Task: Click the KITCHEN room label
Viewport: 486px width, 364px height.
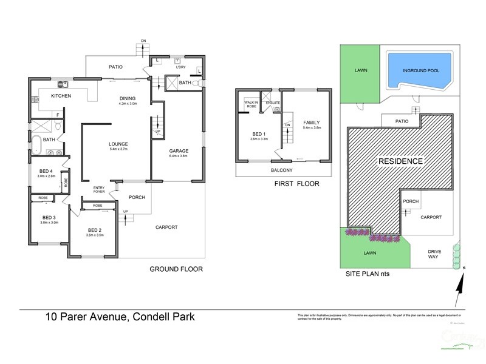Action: pos(61,96)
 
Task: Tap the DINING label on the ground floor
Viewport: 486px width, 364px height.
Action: pos(128,98)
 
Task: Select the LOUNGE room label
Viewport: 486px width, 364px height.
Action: pos(119,143)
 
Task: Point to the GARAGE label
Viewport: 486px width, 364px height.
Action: pos(178,150)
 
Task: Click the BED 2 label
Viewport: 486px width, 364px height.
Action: pos(94,230)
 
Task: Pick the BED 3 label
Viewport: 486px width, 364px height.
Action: pos(49,217)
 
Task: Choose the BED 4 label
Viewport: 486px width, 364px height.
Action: pos(45,172)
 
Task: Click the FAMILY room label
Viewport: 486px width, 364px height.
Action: pos(312,123)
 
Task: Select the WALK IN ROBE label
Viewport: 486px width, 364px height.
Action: pos(252,104)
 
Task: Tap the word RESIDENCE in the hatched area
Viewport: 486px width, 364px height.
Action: pos(400,161)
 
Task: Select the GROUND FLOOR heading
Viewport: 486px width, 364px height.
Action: pos(176,269)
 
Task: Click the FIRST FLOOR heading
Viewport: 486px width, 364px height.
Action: pos(297,183)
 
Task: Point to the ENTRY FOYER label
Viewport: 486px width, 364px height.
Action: pos(99,190)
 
